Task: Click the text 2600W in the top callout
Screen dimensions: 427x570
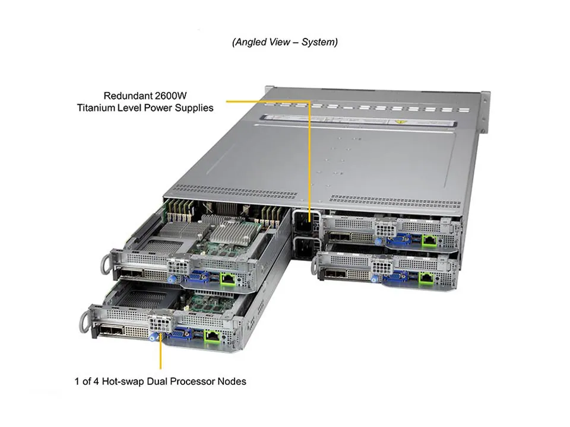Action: click(195, 95)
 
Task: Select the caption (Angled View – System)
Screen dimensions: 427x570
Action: click(284, 42)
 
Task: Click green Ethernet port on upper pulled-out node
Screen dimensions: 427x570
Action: click(227, 279)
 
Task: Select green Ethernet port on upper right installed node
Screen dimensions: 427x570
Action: click(429, 240)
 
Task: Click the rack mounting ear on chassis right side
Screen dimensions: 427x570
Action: click(484, 113)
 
